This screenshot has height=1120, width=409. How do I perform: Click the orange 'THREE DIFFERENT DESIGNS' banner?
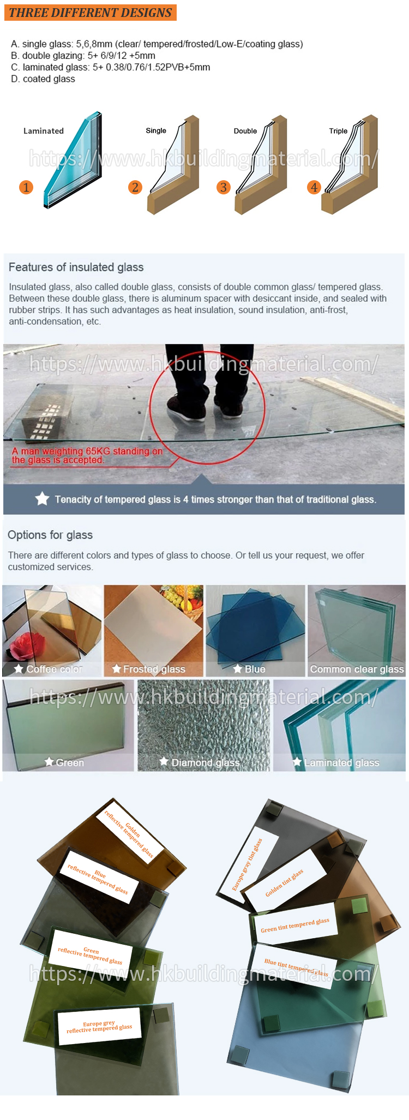coord(91,13)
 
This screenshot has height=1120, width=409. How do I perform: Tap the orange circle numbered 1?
coord(26,187)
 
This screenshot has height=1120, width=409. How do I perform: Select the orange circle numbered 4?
coord(314,187)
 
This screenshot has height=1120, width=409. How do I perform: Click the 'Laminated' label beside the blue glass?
coord(44,131)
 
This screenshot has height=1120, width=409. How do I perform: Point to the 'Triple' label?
coord(338,131)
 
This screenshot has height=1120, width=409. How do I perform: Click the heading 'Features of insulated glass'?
coord(76,267)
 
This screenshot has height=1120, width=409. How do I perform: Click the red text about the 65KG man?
coord(87,455)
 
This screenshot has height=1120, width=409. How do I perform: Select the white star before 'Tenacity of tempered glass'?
coord(42,499)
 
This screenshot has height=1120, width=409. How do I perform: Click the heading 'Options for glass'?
coord(50,535)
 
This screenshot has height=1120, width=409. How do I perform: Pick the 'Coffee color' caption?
coord(54,669)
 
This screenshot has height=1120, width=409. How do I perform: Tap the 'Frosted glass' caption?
coord(154,669)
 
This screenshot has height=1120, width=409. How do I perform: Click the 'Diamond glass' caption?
coord(205,762)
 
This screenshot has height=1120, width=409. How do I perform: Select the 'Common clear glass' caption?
coord(357,669)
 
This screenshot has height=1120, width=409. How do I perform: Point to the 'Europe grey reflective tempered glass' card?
coord(99,1027)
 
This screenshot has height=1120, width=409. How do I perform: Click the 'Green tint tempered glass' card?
coord(295,925)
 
